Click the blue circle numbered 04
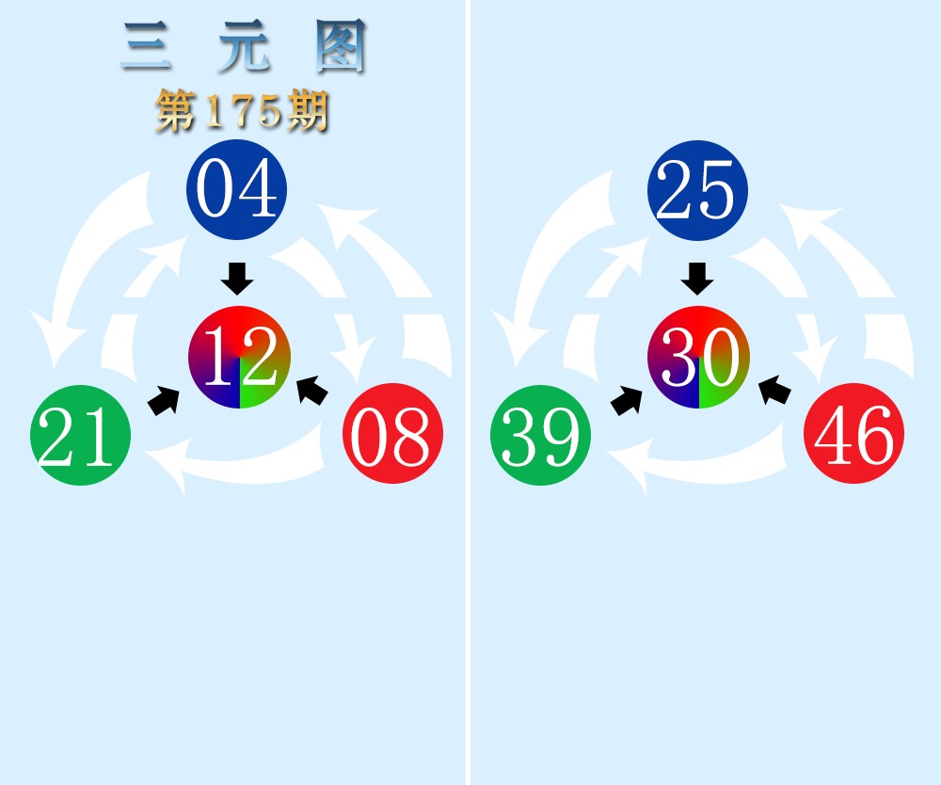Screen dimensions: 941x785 pyautogui.click(x=236, y=189)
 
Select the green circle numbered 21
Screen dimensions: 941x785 pyautogui.click(x=80, y=435)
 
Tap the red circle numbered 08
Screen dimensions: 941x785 pyautogui.click(x=393, y=433)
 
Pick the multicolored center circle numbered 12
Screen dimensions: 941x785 pyautogui.click(x=239, y=357)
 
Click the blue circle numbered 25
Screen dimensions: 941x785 pyautogui.click(x=697, y=190)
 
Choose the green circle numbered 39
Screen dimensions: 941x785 pyautogui.click(x=541, y=435)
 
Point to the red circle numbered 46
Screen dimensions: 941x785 pyautogui.click(x=854, y=433)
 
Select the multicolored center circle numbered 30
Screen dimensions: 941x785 pyautogui.click(x=698, y=357)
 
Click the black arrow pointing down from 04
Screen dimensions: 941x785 pyautogui.click(x=237, y=279)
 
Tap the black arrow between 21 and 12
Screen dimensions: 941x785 pyautogui.click(x=164, y=401)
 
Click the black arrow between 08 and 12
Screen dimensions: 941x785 pyautogui.click(x=312, y=391)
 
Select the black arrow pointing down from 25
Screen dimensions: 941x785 pyautogui.click(x=697, y=279)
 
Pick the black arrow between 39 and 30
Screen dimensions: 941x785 pyautogui.click(x=627, y=401)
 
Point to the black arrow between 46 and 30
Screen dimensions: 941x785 pyautogui.click(x=774, y=391)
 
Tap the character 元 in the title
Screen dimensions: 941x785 pyautogui.click(x=245, y=46)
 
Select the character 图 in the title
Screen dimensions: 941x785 pyautogui.click(x=341, y=46)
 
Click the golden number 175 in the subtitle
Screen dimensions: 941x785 pyautogui.click(x=243, y=111)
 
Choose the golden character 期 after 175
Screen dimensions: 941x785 pyautogui.click(x=308, y=111)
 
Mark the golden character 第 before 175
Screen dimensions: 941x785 pyautogui.click(x=177, y=111)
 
